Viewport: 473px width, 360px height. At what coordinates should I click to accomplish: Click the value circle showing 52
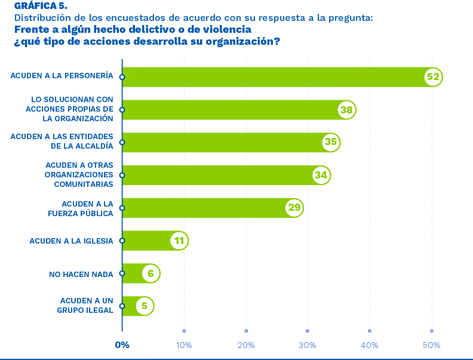tap(433, 77)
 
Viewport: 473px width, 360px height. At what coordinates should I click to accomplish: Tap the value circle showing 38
tap(346, 110)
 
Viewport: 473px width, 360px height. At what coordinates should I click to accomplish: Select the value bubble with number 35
tap(330, 142)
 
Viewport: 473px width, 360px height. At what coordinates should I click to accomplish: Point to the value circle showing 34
tap(321, 175)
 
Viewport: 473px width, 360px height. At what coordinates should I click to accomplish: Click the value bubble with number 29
tap(294, 208)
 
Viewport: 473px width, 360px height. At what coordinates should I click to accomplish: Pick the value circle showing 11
tap(179, 241)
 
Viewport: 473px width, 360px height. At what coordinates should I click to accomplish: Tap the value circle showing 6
tap(150, 273)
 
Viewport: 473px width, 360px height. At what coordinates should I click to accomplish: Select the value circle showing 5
tap(144, 306)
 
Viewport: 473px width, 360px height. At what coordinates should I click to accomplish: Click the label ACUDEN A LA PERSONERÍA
tap(62, 76)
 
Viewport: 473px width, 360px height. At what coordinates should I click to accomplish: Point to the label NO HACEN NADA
tap(81, 274)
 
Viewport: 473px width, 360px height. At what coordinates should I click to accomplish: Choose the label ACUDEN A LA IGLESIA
tap(71, 241)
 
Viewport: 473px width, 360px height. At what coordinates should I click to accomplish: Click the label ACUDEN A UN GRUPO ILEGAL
tap(87, 306)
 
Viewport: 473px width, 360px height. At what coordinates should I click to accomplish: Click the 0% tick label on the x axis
tap(122, 345)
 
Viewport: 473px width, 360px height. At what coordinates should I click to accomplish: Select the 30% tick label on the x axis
tap(308, 345)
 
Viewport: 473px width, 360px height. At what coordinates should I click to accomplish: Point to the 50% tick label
tap(431, 345)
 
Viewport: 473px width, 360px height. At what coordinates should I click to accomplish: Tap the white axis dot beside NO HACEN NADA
tap(122, 273)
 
